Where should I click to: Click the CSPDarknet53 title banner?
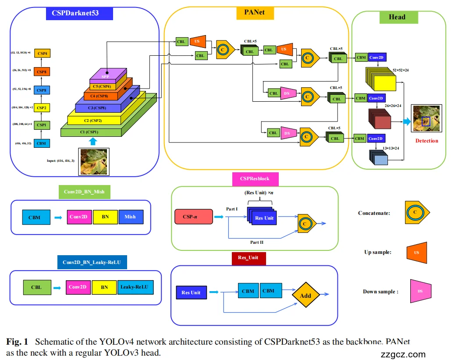[x=79, y=13]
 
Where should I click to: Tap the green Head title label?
[x=397, y=17]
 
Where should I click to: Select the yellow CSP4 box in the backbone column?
[x=42, y=53]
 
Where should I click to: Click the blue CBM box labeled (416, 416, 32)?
[x=42, y=143]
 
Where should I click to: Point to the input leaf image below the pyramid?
[x=93, y=162]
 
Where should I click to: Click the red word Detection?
[x=426, y=141]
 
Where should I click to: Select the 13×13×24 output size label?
[x=391, y=149]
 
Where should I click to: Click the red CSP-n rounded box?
[x=193, y=216]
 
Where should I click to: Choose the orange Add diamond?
[x=305, y=295]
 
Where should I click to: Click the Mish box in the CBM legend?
[x=130, y=217]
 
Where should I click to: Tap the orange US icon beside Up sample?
[x=416, y=252]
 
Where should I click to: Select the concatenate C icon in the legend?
[x=416, y=213]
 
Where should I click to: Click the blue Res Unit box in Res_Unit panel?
[x=191, y=292]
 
